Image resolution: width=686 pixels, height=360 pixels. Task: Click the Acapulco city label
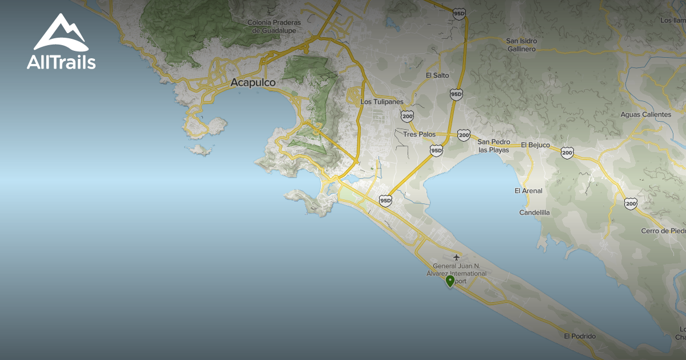click(x=253, y=83)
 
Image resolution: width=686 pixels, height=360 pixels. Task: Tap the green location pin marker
click(x=450, y=281)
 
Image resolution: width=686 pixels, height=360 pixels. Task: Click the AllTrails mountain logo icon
click(x=61, y=33)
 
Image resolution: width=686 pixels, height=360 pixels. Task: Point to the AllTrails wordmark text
click(x=61, y=62)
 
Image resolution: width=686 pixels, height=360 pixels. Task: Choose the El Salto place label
click(x=437, y=75)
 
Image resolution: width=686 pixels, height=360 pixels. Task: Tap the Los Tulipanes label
click(x=382, y=102)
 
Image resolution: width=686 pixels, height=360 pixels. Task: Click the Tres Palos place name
click(x=419, y=135)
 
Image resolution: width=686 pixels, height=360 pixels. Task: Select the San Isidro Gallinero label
click(x=521, y=45)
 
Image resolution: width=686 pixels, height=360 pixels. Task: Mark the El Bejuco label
click(x=535, y=145)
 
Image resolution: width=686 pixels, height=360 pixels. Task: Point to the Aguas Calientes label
click(x=646, y=114)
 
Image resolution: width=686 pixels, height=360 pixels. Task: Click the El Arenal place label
click(x=528, y=191)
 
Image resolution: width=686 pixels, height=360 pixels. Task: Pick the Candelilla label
click(x=535, y=213)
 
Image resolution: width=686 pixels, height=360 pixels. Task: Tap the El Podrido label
click(x=580, y=336)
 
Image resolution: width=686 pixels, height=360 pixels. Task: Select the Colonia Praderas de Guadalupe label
click(x=274, y=26)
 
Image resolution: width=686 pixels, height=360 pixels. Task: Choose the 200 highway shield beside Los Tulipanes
click(x=408, y=116)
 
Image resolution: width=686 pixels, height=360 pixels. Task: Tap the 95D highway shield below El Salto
click(x=456, y=94)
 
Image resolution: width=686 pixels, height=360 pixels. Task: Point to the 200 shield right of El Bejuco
click(x=567, y=153)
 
